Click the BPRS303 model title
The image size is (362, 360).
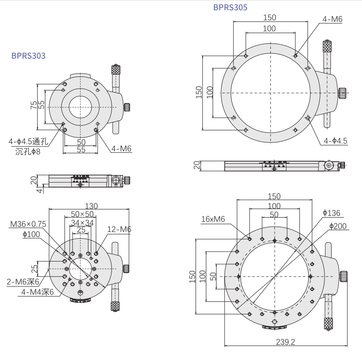pos(28,56)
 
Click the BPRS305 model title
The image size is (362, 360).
pos(230,8)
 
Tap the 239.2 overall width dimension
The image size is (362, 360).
pos(285,342)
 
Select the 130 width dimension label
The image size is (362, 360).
pos(91,206)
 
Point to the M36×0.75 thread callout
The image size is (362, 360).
pos(28,224)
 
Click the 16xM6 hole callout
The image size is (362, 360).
pos(213,219)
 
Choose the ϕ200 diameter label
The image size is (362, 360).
pos(338,226)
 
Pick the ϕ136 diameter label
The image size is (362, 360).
pos(332,213)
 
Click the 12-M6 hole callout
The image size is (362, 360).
pos(119,229)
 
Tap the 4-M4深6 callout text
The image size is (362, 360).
pos(38,292)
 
